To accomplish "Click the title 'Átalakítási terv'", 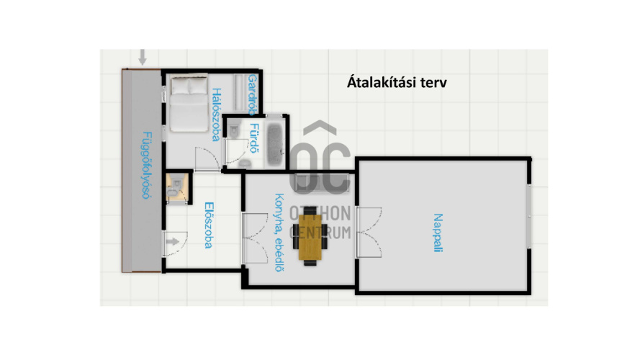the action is [397, 82].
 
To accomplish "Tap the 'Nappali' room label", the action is [438, 233].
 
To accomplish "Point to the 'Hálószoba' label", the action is [216, 114].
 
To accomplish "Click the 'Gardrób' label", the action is [253, 95].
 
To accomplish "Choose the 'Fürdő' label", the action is [254, 138].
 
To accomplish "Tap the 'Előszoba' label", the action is [209, 225].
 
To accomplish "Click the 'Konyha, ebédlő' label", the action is [279, 233].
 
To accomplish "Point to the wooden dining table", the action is [310, 237].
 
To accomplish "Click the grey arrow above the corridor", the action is [142, 57].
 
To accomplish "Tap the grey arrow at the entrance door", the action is [173, 242].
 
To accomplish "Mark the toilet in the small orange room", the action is [174, 189].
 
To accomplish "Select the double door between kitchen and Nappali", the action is [369, 233].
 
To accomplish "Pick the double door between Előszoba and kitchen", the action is [254, 238].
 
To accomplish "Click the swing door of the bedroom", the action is [207, 160].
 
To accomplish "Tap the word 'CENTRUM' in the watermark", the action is [320, 233].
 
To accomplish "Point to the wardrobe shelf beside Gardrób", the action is [238, 92].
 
